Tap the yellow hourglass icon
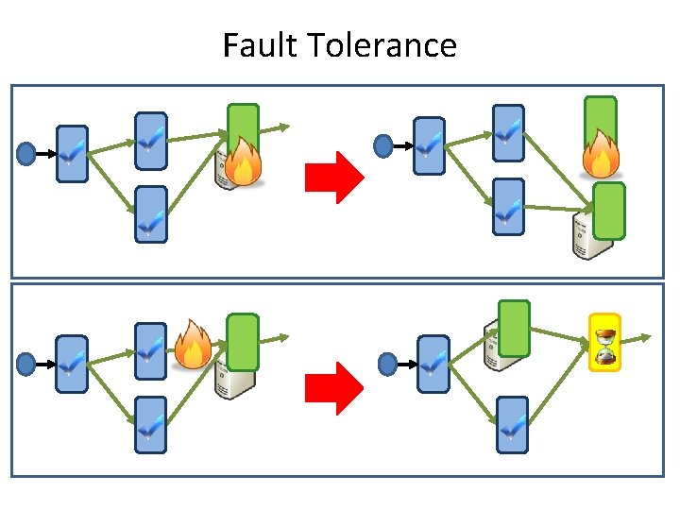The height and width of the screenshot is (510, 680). pos(604,342)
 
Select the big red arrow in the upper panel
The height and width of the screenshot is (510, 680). pos(334,177)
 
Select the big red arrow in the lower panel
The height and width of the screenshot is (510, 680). pos(334,388)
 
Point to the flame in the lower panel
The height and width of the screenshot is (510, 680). pos(193,344)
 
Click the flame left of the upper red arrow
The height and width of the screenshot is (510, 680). pos(244,162)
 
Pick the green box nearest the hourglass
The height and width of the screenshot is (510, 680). pos(514,329)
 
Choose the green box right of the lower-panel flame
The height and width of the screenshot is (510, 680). pos(243,341)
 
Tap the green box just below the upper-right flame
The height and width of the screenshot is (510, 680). pos(608,210)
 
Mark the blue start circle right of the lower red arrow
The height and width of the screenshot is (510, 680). pos(387,363)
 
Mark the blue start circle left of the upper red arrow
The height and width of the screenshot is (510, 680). pos(26,152)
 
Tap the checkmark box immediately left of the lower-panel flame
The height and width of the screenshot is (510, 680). pos(150,350)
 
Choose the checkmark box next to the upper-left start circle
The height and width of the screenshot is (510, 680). pos(72,153)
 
